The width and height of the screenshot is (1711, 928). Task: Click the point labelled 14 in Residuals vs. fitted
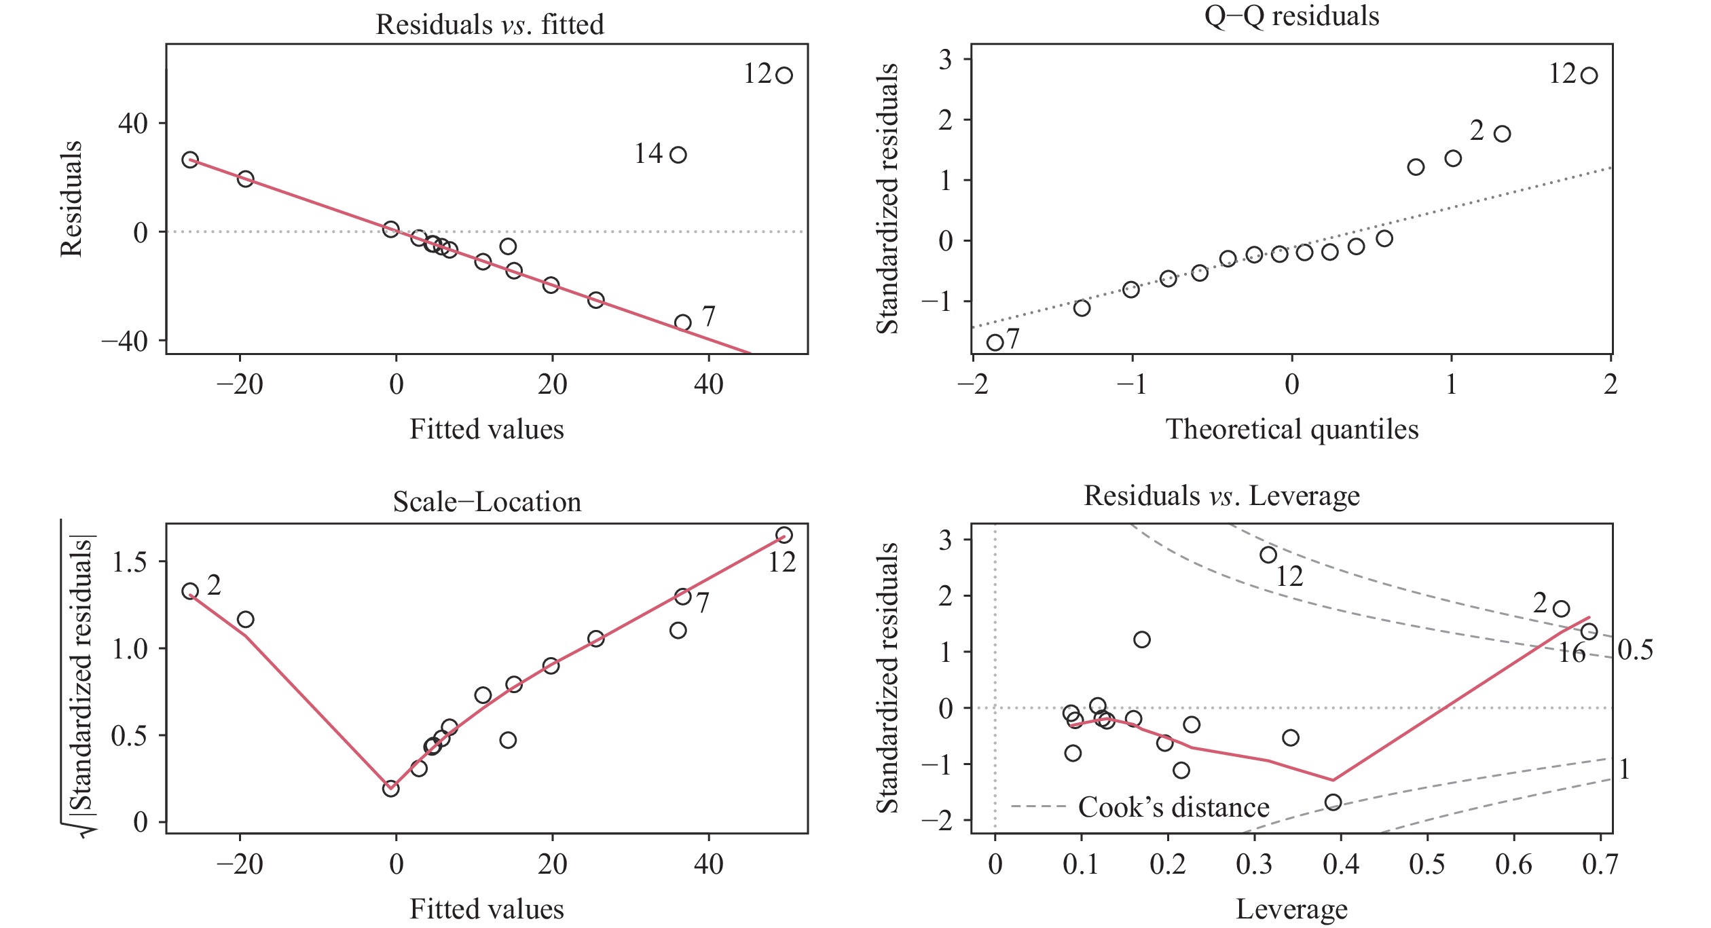[x=678, y=155]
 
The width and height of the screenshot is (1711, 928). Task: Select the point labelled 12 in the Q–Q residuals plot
[x=1589, y=75]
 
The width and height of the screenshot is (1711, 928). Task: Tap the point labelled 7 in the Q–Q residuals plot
[x=995, y=342]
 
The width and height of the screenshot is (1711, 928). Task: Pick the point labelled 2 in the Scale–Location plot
[x=190, y=591]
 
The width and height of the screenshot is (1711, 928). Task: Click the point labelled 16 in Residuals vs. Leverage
[x=1589, y=632]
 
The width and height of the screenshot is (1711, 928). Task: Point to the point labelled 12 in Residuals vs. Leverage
[x=1268, y=555]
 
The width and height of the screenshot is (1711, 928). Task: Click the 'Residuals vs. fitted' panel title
[x=490, y=24]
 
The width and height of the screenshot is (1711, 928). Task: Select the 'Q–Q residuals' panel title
[x=1291, y=16]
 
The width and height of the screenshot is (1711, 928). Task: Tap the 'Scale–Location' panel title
[x=487, y=502]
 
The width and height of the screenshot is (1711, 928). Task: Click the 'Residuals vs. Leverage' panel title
[x=1221, y=496]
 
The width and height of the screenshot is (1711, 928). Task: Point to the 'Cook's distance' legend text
[x=1173, y=807]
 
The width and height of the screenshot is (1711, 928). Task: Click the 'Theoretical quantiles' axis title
[x=1291, y=429]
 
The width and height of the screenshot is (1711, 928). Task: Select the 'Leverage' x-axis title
[x=1291, y=909]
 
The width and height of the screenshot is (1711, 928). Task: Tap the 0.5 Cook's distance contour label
[x=1635, y=650]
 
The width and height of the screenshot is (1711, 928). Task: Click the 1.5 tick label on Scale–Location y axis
[x=130, y=562]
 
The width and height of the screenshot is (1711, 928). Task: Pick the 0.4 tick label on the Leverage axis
[x=1341, y=864]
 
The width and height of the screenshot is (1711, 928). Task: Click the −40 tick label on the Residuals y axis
[x=124, y=341]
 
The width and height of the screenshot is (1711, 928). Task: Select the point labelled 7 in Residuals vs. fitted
[x=682, y=322]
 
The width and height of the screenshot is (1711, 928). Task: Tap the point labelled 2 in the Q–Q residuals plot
[x=1502, y=134]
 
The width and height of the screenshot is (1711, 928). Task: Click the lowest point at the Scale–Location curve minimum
[x=390, y=789]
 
